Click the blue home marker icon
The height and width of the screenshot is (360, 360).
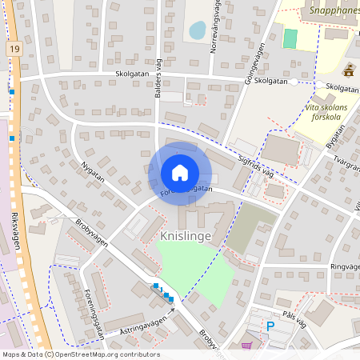[x=180, y=173]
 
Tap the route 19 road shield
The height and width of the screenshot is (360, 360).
[x=15, y=50]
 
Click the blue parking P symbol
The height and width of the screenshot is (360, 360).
[x=270, y=326]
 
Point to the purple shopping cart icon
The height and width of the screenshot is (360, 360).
[x=246, y=346]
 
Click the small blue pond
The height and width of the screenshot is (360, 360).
[x=196, y=30]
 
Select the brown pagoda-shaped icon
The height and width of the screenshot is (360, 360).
[x=348, y=70]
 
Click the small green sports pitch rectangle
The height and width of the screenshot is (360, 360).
[x=290, y=38]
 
